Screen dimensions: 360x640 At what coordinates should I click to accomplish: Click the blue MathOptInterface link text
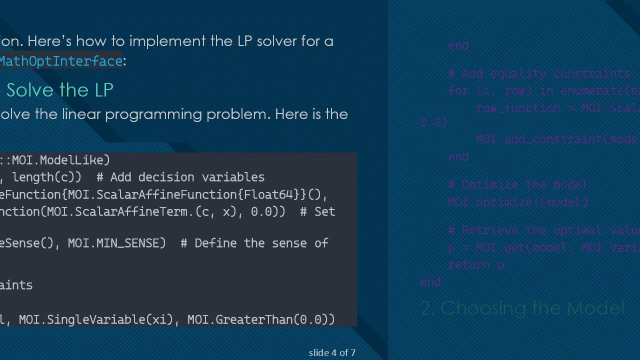pos(61,61)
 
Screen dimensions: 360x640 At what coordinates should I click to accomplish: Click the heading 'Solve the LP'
pos(59,90)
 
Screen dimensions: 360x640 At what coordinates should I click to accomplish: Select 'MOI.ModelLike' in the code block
pos(60,160)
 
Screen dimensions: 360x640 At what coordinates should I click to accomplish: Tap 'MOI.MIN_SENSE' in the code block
pos(116,243)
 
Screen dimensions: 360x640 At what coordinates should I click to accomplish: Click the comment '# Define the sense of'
pos(254,243)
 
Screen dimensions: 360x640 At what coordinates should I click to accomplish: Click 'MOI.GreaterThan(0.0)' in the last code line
pos(261,319)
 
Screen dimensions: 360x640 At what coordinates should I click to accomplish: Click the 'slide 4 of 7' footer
pos(332,352)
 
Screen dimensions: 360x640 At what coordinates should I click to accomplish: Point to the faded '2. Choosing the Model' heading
pos(522,308)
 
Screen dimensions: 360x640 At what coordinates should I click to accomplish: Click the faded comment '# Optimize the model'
pos(517,184)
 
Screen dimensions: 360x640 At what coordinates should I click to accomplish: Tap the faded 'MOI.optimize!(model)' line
pos(517,202)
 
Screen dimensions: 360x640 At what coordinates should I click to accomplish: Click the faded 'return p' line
pos(476,265)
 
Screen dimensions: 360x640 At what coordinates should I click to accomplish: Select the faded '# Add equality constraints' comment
pos(539,74)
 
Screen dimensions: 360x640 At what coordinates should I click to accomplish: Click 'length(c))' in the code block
pos(46,177)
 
